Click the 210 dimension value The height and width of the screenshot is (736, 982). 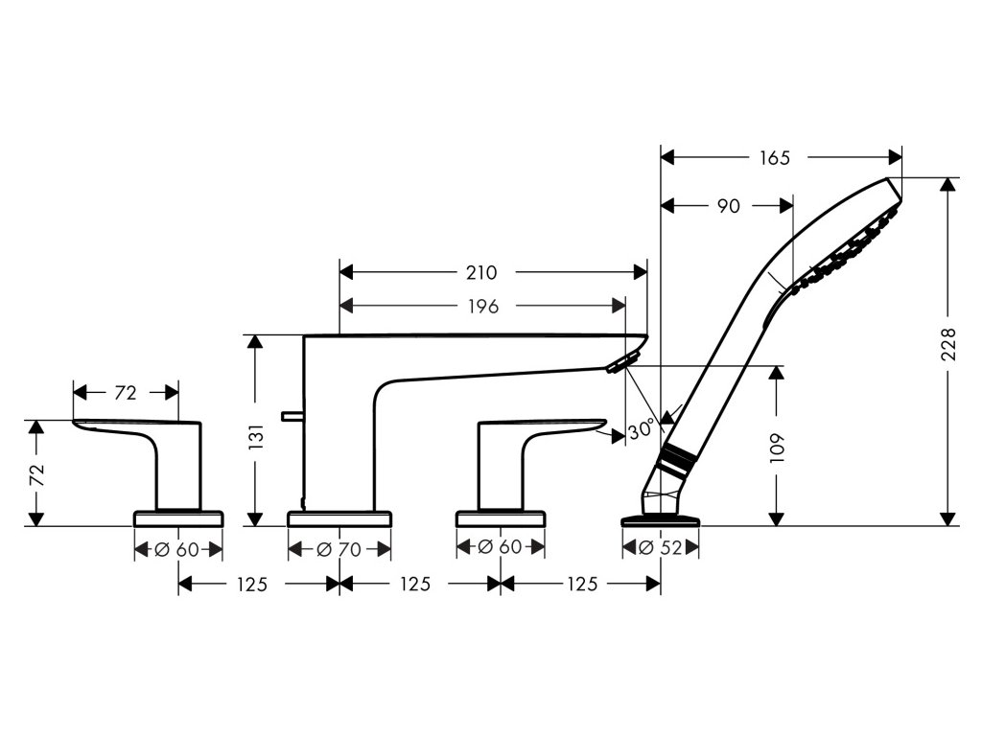[x=482, y=272]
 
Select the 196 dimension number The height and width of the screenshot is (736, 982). [x=482, y=307]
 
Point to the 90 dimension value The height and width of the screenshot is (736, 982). [x=728, y=205]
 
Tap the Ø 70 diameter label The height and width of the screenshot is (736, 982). [x=340, y=549]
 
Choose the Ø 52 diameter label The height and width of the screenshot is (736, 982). [x=661, y=549]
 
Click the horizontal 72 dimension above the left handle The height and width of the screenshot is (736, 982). [x=126, y=393]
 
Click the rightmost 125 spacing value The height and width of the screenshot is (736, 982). [x=580, y=584]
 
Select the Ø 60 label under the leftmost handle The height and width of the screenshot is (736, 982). [x=177, y=549]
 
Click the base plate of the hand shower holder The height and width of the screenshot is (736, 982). [x=661, y=520]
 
